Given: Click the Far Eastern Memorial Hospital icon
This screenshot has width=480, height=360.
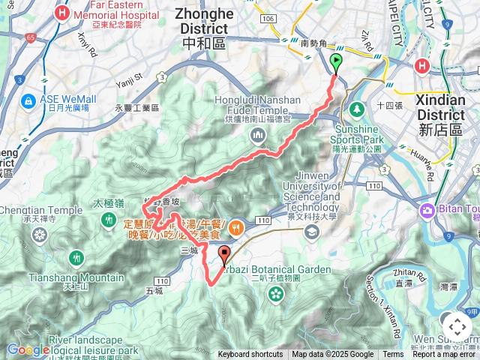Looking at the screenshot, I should pos(64,13).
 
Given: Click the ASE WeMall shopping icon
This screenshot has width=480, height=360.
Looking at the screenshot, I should pos(28,99).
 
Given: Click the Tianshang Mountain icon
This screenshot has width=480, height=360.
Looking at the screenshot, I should pos(76,258).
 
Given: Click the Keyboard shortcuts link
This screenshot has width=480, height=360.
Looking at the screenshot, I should pos(250,355).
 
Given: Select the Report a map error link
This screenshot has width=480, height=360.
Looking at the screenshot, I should pos(444,355).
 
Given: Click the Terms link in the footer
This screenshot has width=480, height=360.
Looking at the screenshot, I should pos(393,355).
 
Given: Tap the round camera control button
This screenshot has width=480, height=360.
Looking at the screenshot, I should pos(457,327).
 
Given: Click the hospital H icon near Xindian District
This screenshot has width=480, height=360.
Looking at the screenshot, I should pos(422,67).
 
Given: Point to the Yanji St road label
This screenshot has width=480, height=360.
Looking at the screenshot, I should pos(128,77).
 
